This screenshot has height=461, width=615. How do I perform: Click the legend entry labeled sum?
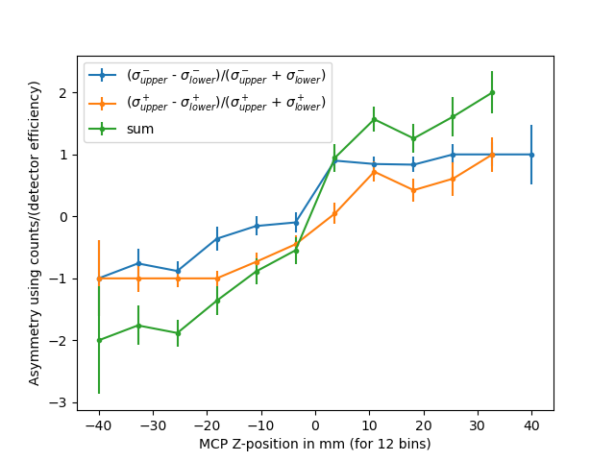pos(140,129)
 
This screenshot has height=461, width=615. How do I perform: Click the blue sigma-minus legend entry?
pos(227,75)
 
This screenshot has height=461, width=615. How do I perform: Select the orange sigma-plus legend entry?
pos(227,102)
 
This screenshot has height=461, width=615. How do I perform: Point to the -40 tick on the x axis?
pos(99,411)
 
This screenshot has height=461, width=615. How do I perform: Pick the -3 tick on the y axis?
pos(77,402)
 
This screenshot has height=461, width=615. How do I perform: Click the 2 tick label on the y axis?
pos(64,93)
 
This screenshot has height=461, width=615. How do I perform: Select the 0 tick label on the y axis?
pos(64,217)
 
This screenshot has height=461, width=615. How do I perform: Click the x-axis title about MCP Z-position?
pos(315,444)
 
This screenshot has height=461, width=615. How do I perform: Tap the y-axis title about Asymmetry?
pos(36,232)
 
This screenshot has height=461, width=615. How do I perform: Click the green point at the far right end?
pos(492,93)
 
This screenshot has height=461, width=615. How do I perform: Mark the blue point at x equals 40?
pos(531,155)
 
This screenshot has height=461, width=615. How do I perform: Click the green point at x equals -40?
pos(99,340)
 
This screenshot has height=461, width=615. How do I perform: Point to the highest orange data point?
pos(492,155)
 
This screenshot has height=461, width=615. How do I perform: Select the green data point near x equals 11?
pos(374,119)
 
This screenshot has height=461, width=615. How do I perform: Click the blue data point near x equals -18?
pos(217,238)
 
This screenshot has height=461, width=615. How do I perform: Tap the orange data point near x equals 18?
pos(413,190)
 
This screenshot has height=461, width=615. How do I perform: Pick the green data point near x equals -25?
pos(178,333)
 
